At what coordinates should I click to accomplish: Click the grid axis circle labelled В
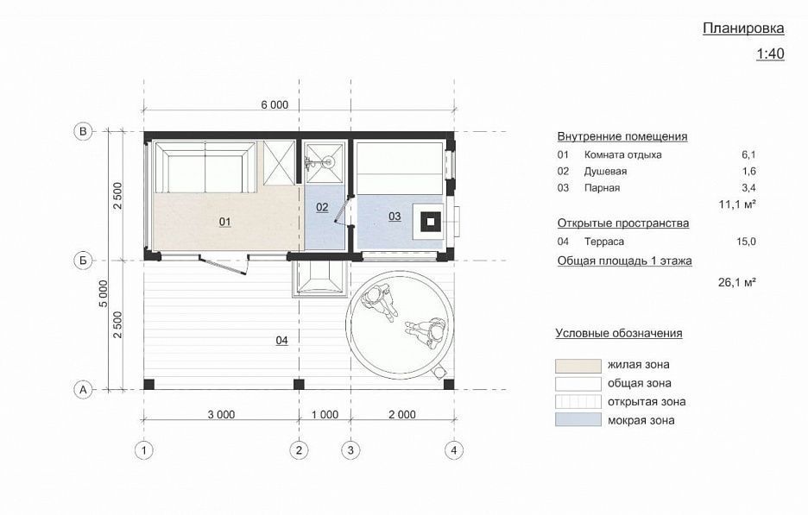[83, 131]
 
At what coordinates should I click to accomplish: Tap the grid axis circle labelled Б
[83, 261]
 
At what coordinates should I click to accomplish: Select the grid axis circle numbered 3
[351, 450]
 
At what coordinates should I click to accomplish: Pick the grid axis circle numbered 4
[454, 450]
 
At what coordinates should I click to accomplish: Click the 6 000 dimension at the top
[275, 105]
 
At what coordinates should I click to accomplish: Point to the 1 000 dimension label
[325, 415]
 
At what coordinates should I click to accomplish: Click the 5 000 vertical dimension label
[104, 294]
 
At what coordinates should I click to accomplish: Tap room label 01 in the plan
[224, 222]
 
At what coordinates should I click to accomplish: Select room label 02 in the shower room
[322, 207]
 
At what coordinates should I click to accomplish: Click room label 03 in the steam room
[395, 217]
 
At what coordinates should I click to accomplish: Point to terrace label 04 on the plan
[282, 341]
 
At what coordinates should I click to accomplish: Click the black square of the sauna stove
[429, 223]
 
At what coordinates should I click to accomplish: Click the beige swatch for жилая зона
[578, 366]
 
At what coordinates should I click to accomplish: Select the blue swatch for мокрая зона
[578, 419]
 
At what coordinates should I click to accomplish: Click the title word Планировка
[743, 28]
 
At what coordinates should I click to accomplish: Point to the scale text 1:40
[770, 53]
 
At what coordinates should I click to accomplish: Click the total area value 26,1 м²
[737, 282]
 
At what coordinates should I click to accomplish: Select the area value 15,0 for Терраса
[746, 241]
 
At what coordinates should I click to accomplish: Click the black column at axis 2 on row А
[299, 384]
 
